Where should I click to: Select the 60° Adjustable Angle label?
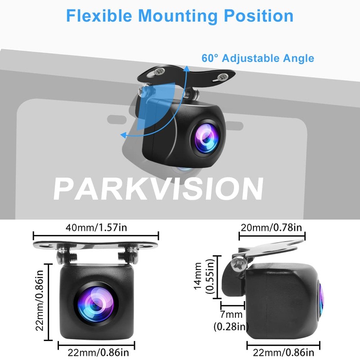(x=258, y=58)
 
